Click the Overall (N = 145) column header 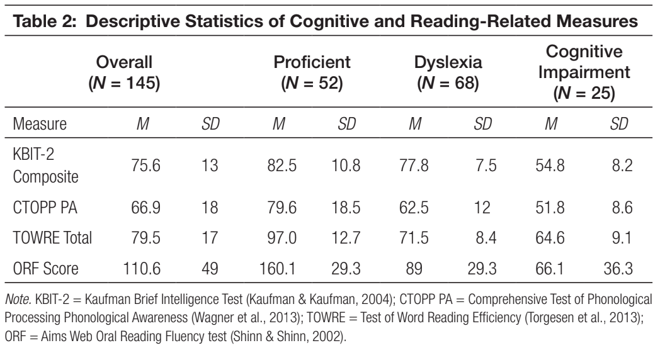pyautogui.click(x=124, y=72)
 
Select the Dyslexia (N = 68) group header pyautogui.click(x=448, y=72)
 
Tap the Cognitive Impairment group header pyautogui.click(x=584, y=72)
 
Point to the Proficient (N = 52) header pyautogui.click(x=312, y=72)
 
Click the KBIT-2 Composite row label pyautogui.click(x=45, y=166)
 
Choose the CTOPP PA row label pyautogui.click(x=45, y=207)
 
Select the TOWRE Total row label pyautogui.click(x=52, y=238)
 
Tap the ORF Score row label pyautogui.click(x=45, y=268)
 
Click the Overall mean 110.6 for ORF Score pyautogui.click(x=142, y=268)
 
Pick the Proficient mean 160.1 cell pyautogui.click(x=278, y=268)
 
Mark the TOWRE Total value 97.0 pyautogui.click(x=282, y=238)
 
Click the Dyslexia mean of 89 pyautogui.click(x=414, y=268)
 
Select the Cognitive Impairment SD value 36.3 pyautogui.click(x=618, y=268)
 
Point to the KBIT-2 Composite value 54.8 pyautogui.click(x=550, y=166)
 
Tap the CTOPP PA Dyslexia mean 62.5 pyautogui.click(x=414, y=207)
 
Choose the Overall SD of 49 pyautogui.click(x=210, y=268)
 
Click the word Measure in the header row pyautogui.click(x=40, y=123)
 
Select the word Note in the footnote pyautogui.click(x=18, y=299)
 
